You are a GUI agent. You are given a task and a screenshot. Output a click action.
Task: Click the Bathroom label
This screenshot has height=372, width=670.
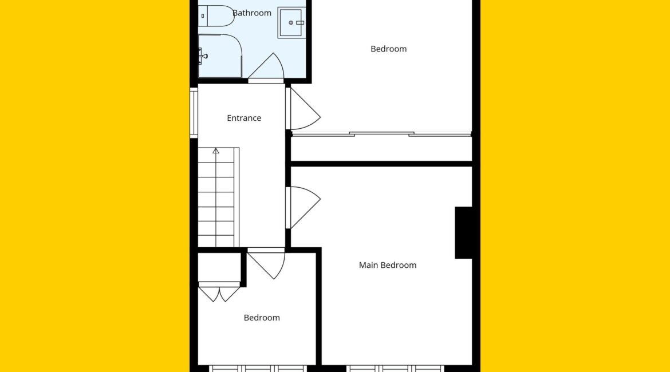tap(251, 13)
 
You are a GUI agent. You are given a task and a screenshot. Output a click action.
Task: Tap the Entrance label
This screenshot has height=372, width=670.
tap(244, 118)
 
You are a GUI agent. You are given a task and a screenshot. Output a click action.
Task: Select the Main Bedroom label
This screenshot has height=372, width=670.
tap(388, 265)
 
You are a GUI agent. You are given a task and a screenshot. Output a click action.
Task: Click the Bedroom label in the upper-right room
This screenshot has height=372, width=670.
tap(388, 49)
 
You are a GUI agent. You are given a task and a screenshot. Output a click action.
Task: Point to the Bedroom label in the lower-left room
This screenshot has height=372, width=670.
tap(262, 318)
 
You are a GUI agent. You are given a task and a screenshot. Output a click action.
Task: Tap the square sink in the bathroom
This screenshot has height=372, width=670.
tap(292, 23)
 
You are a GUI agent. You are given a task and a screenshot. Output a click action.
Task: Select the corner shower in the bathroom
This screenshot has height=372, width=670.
tap(220, 56)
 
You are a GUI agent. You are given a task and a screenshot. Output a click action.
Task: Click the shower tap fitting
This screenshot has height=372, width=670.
tap(202, 56)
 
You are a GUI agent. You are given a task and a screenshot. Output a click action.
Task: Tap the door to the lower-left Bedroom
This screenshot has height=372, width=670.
tap(266, 263)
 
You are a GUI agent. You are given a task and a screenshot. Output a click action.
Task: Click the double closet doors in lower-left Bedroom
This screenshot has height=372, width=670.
tap(219, 292)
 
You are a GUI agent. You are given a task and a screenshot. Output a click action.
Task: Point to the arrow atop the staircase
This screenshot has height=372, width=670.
tap(216, 151)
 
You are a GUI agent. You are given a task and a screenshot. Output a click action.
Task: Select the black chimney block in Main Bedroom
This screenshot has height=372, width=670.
tap(464, 233)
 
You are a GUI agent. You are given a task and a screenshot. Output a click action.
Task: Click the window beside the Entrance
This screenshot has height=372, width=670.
tap(194, 113)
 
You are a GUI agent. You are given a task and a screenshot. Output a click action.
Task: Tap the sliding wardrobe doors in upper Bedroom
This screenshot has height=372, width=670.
tap(381, 134)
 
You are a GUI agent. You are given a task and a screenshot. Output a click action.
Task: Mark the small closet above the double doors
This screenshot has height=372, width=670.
tap(219, 267)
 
